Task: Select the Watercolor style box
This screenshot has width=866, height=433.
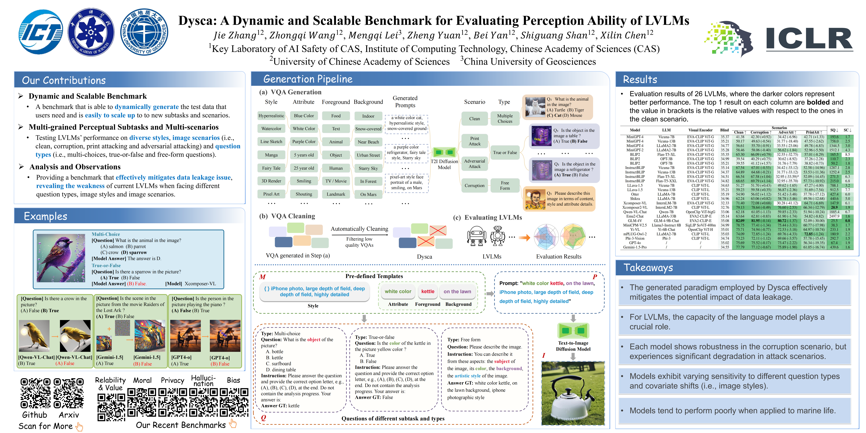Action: [x=271, y=129]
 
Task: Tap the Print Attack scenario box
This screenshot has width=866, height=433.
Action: [x=474, y=141]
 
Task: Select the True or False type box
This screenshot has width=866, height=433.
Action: [x=505, y=153]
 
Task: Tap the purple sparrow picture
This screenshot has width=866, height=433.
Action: [x=61, y=258]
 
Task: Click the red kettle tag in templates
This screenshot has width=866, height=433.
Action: [x=428, y=291]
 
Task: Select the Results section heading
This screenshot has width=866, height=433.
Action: [x=640, y=80]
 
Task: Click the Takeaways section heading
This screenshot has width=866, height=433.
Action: [x=648, y=268]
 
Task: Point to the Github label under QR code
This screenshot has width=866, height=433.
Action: [x=35, y=415]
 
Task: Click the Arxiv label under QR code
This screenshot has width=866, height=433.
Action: [x=69, y=415]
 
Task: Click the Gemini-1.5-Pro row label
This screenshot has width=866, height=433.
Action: [x=635, y=247]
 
